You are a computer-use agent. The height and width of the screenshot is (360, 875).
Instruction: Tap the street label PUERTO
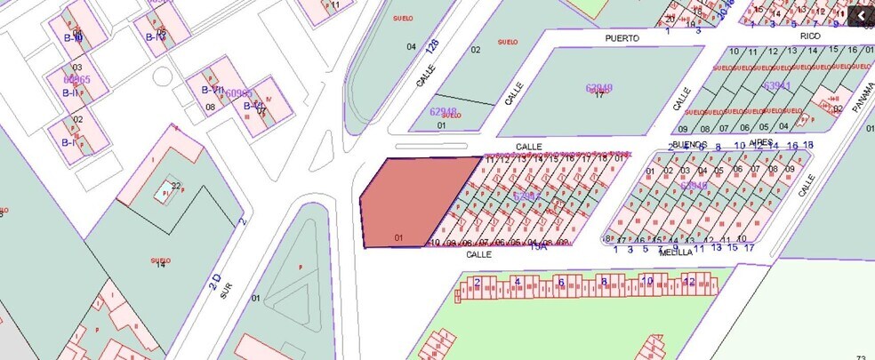tap(622, 39)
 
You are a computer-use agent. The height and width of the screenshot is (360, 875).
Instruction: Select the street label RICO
tap(809, 36)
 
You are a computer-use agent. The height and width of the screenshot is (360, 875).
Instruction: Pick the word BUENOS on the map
tap(690, 144)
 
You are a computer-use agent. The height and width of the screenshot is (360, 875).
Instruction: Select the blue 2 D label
tap(214, 284)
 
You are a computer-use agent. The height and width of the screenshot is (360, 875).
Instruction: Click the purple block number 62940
tap(599, 87)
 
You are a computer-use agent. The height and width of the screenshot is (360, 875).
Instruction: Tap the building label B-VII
tap(212, 90)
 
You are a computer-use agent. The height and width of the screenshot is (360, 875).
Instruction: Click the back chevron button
tap(860, 15)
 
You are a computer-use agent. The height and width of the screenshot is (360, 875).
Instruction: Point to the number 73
tap(861, 357)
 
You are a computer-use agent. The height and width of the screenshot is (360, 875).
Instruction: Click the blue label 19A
tap(538, 246)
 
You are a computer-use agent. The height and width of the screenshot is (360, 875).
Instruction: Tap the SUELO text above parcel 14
tap(161, 260)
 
